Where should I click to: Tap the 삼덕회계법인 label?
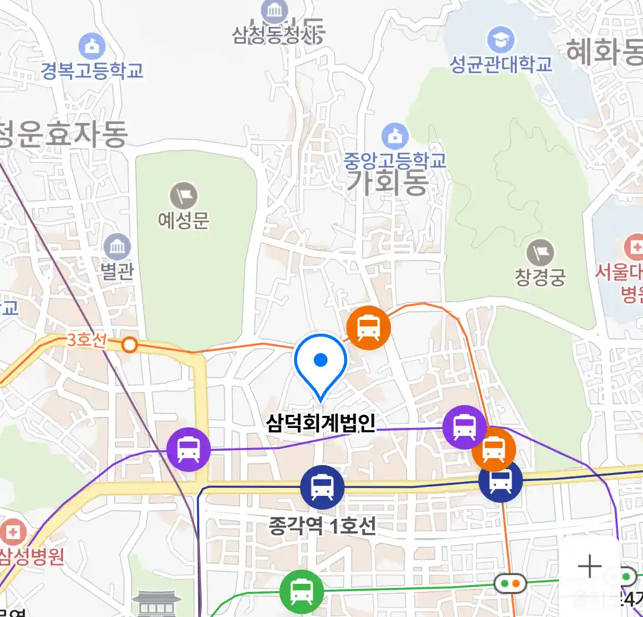pos(321,423)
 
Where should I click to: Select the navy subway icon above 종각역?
pos(322,487)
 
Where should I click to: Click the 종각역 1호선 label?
pos(322,526)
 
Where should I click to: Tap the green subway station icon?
pos(301,592)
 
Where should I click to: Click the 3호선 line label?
pos(86,340)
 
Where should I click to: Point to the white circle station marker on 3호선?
pos(130,345)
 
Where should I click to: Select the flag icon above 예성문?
pos(183,196)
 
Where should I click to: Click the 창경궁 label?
pos(540,277)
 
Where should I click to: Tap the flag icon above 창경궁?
pos(540,253)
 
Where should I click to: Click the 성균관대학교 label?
pos(501,64)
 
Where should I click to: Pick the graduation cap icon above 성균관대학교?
pos(501,39)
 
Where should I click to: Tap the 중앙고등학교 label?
pos(394,161)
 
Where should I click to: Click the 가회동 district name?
pos(387,183)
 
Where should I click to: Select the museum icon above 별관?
pos(117,247)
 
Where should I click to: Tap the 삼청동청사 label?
pos(277,34)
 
